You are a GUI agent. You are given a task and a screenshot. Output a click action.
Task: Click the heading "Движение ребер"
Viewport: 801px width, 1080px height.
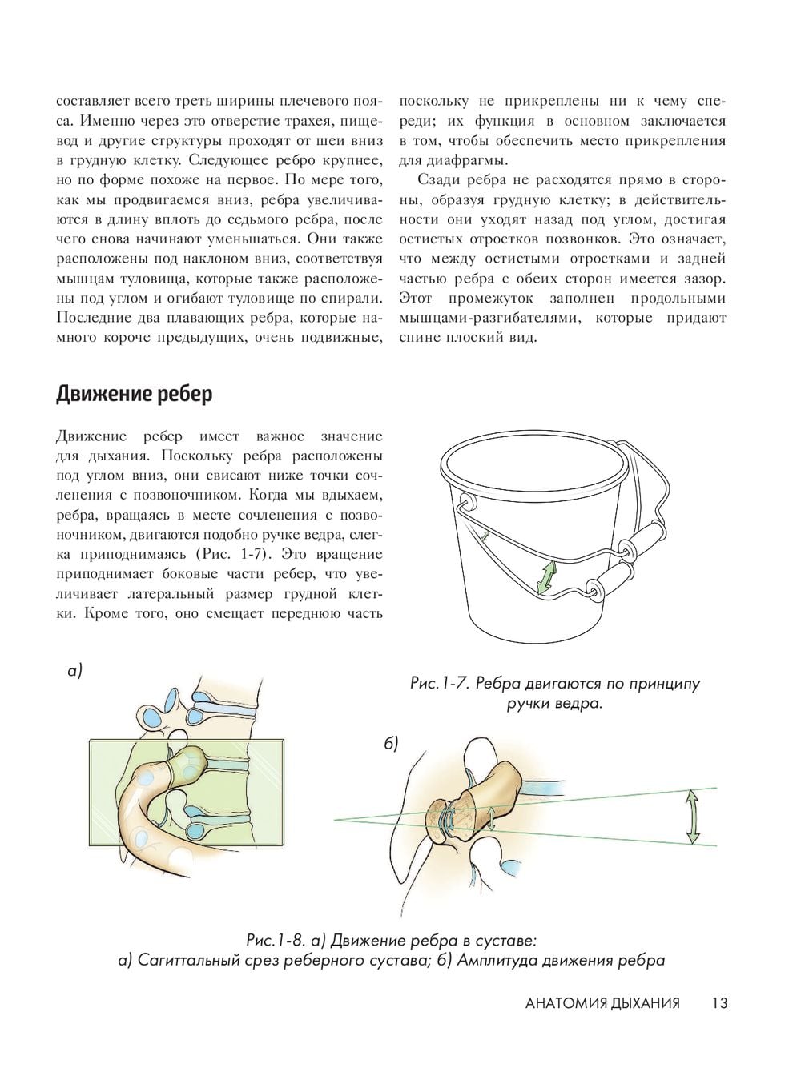pos(135,395)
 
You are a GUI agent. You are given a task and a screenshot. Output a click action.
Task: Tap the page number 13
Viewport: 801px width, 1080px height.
pos(718,1003)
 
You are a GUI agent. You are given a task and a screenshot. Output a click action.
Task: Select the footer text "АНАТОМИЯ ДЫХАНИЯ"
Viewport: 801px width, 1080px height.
pos(602,1003)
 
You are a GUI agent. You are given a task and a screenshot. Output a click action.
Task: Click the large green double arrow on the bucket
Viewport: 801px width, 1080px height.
pos(546,577)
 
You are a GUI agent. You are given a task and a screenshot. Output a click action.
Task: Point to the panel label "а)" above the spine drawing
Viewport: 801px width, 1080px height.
pos(75,671)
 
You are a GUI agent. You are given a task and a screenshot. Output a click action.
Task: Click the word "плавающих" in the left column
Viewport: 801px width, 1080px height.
pos(199,317)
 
